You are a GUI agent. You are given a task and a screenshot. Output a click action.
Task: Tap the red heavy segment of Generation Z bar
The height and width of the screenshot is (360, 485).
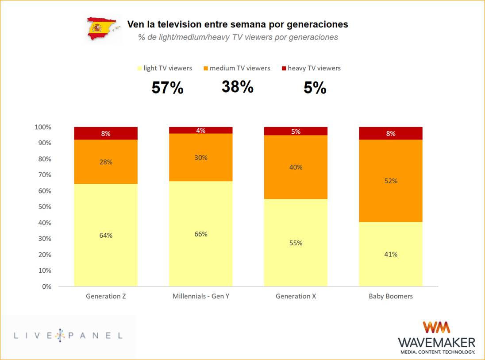click(x=106, y=133)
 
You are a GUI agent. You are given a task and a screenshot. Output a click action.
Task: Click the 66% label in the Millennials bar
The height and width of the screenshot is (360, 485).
click(x=201, y=234)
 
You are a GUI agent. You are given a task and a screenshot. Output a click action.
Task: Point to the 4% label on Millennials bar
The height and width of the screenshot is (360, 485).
click(x=201, y=131)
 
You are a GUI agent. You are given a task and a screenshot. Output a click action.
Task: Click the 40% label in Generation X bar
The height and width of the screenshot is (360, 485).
click(x=296, y=167)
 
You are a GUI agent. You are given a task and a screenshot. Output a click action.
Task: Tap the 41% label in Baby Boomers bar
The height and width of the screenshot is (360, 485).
click(x=391, y=254)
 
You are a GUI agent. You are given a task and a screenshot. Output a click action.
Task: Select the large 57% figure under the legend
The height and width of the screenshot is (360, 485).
click(x=167, y=88)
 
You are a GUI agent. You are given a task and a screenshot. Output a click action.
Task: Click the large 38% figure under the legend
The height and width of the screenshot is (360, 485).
click(x=238, y=87)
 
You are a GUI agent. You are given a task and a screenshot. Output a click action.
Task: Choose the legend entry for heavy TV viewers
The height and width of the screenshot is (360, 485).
click(x=311, y=68)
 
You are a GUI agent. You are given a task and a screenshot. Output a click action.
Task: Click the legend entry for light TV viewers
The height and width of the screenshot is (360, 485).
click(x=165, y=68)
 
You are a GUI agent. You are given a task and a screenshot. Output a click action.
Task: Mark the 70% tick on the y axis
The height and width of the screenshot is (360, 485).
click(x=43, y=175)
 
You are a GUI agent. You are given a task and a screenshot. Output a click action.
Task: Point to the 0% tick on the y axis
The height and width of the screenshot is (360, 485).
click(x=46, y=286)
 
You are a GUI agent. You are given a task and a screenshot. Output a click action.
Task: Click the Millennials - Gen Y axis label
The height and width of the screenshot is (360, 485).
click(x=201, y=296)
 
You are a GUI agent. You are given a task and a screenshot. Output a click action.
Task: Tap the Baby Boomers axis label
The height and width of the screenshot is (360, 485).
click(x=391, y=296)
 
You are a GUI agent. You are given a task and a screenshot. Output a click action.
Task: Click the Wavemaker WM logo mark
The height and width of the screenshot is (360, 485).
click(x=436, y=327)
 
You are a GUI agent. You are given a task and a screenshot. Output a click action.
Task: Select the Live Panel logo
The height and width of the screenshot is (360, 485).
click(x=68, y=336)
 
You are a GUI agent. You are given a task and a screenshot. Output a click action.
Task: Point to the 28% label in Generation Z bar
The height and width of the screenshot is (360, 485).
click(x=106, y=162)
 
